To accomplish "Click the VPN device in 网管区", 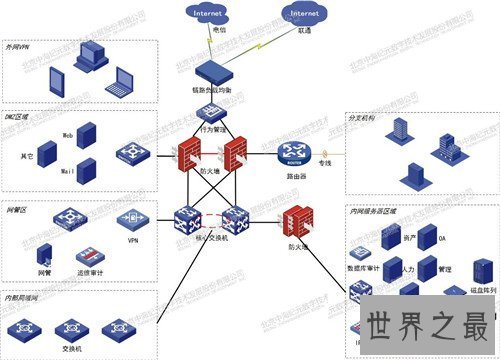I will click(x=131, y=225).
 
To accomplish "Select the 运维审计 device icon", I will click(x=89, y=255).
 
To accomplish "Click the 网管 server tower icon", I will click(x=45, y=253).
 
